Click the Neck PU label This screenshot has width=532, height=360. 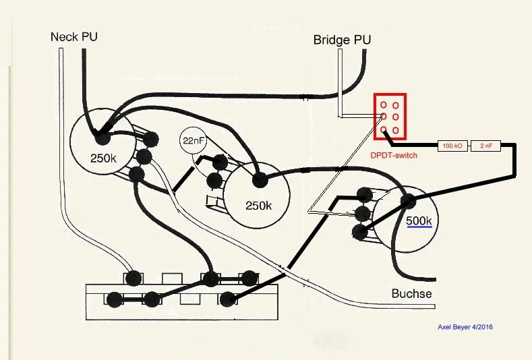pos(73,36)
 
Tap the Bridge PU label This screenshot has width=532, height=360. pos(342,40)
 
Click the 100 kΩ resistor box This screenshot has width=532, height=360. pos(451,146)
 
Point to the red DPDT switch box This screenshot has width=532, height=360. pos(390,117)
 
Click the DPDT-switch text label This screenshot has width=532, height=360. pos(394,155)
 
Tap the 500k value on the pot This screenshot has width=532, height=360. pos(419,220)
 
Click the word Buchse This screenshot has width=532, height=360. pos(411,294)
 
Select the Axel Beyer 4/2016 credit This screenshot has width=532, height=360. pos(465,328)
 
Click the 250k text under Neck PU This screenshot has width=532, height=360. pos(104,159)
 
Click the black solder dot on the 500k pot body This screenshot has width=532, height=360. pos(407,201)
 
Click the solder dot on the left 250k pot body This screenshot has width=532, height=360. pos(102,138)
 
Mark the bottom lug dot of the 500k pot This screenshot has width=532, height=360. pos(359,233)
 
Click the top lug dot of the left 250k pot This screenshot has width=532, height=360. pos(150,139)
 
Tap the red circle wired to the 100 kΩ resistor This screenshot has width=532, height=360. pos(384,129)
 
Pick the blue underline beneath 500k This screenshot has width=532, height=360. pos(419,228)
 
